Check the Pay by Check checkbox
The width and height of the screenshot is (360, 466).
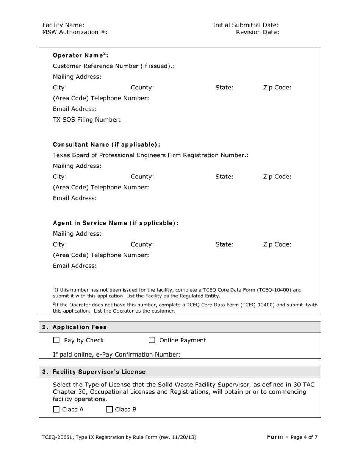(x=56, y=341)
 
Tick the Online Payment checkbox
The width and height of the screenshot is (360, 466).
(x=152, y=341)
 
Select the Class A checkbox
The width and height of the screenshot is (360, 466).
(x=56, y=409)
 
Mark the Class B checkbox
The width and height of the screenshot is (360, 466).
(x=110, y=409)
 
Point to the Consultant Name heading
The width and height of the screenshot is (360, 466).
(x=106, y=145)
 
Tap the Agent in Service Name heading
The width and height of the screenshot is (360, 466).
(x=116, y=223)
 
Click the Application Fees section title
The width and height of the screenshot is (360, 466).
(x=80, y=327)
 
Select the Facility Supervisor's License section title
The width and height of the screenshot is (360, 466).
(x=99, y=372)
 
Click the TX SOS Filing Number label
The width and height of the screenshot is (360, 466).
(x=87, y=120)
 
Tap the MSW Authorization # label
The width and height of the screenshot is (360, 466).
(x=75, y=32)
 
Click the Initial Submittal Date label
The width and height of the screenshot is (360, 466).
(x=246, y=25)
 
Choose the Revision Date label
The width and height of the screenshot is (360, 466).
(x=257, y=32)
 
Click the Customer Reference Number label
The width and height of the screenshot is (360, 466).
(x=114, y=66)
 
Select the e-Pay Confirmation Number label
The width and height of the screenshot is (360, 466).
(x=117, y=355)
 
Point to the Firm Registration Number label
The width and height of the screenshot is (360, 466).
(x=150, y=155)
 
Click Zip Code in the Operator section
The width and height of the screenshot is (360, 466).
(x=277, y=88)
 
